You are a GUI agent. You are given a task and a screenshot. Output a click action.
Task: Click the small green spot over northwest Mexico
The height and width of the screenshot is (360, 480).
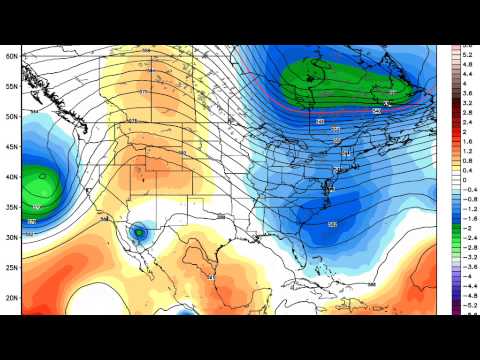140,233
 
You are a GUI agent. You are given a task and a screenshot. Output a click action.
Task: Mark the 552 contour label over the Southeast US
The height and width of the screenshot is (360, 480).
331,224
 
